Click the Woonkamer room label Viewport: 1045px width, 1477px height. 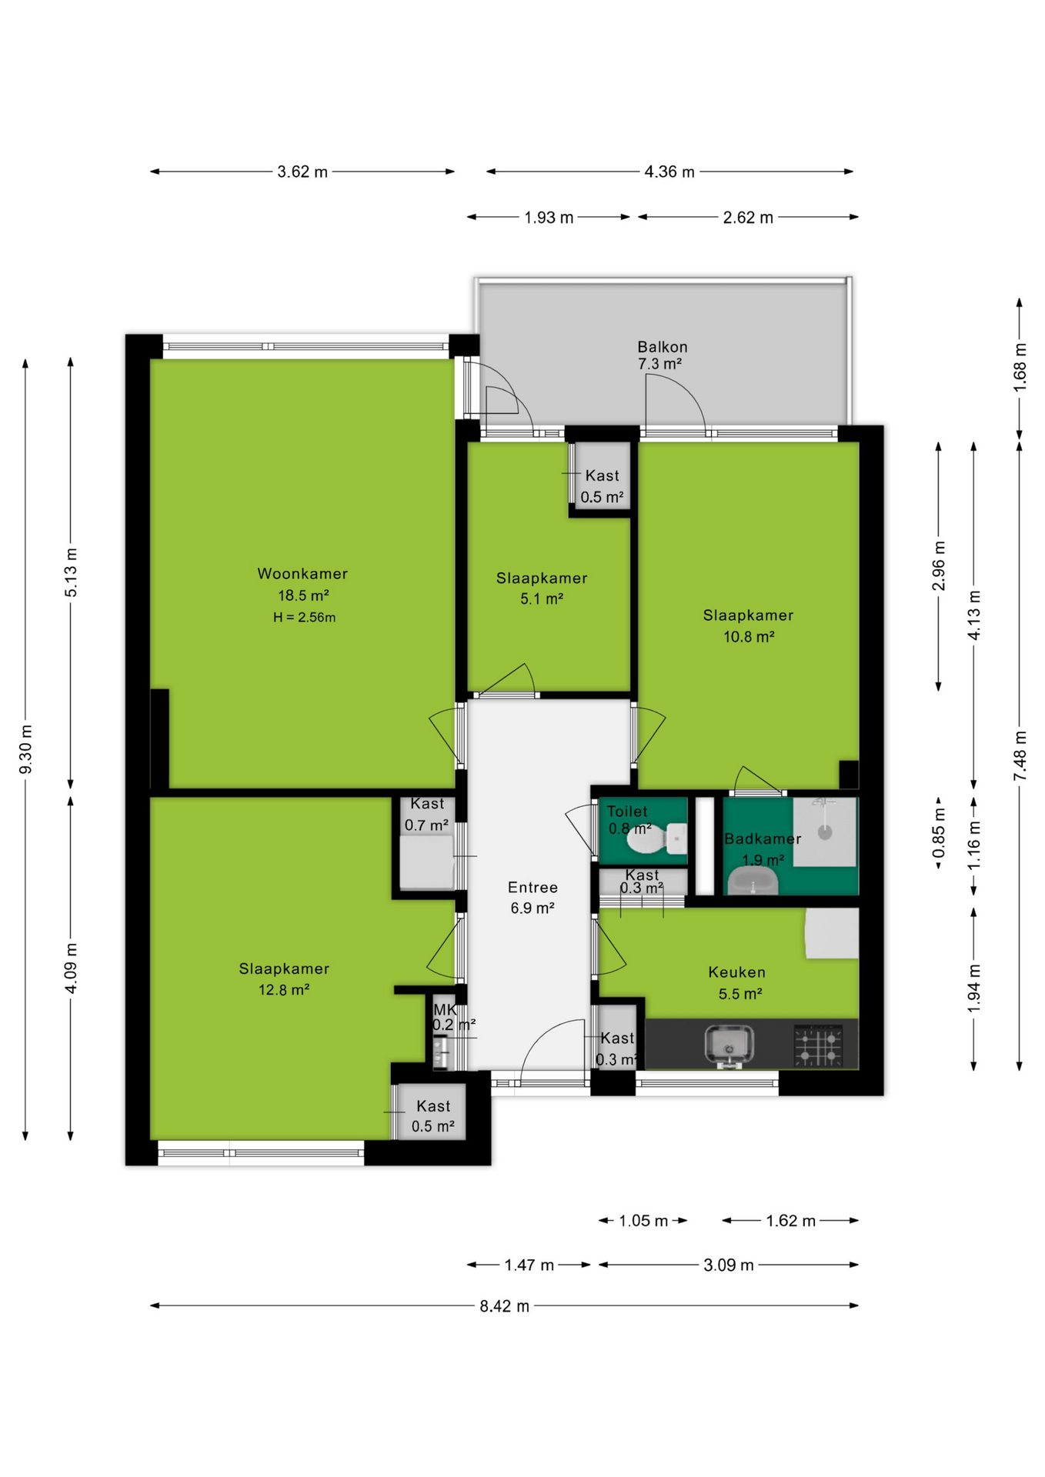(302, 574)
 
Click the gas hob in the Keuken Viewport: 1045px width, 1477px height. (817, 1045)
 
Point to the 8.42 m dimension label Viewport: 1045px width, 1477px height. (505, 1306)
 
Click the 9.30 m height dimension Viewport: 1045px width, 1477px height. (25, 749)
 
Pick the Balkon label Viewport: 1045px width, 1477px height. (663, 347)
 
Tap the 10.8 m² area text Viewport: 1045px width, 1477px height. (749, 636)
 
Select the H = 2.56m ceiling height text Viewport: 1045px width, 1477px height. (304, 617)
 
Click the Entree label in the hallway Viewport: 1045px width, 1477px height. (533, 887)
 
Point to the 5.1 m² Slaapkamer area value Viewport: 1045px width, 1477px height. (542, 598)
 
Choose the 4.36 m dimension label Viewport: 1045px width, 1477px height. (669, 172)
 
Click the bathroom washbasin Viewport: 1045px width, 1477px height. (753, 879)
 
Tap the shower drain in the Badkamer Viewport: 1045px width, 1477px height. (825, 832)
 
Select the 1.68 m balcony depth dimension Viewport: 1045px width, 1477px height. (1020, 366)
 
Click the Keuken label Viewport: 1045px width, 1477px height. (736, 972)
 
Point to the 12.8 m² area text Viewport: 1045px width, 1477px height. (284, 990)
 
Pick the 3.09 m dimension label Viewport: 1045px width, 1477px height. (729, 1265)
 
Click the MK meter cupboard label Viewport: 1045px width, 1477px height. (445, 1009)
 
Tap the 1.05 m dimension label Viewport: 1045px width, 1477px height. (643, 1221)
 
